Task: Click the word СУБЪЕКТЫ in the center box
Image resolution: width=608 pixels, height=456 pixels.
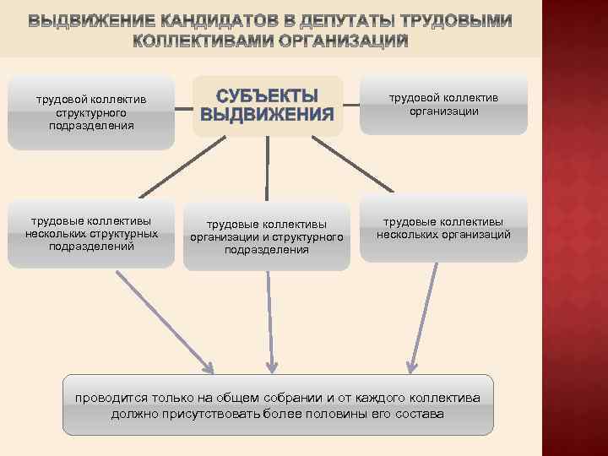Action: (x=267, y=95)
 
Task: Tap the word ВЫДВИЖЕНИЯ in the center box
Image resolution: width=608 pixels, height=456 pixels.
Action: (x=267, y=115)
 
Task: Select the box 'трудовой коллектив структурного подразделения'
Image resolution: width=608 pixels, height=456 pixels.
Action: (x=91, y=112)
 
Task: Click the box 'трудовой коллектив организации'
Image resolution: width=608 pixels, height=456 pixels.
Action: (x=443, y=104)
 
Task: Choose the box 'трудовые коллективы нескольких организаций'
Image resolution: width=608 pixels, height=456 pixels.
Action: (x=443, y=228)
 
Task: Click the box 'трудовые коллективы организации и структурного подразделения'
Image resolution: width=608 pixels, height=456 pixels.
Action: (x=267, y=237)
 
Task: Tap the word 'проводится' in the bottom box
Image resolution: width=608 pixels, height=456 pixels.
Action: (x=113, y=397)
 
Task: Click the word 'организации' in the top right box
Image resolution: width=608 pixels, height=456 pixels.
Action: (x=443, y=111)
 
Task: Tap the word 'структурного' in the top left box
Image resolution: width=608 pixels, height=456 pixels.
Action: (x=91, y=112)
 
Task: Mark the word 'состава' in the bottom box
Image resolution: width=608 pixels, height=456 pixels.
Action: (x=420, y=415)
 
